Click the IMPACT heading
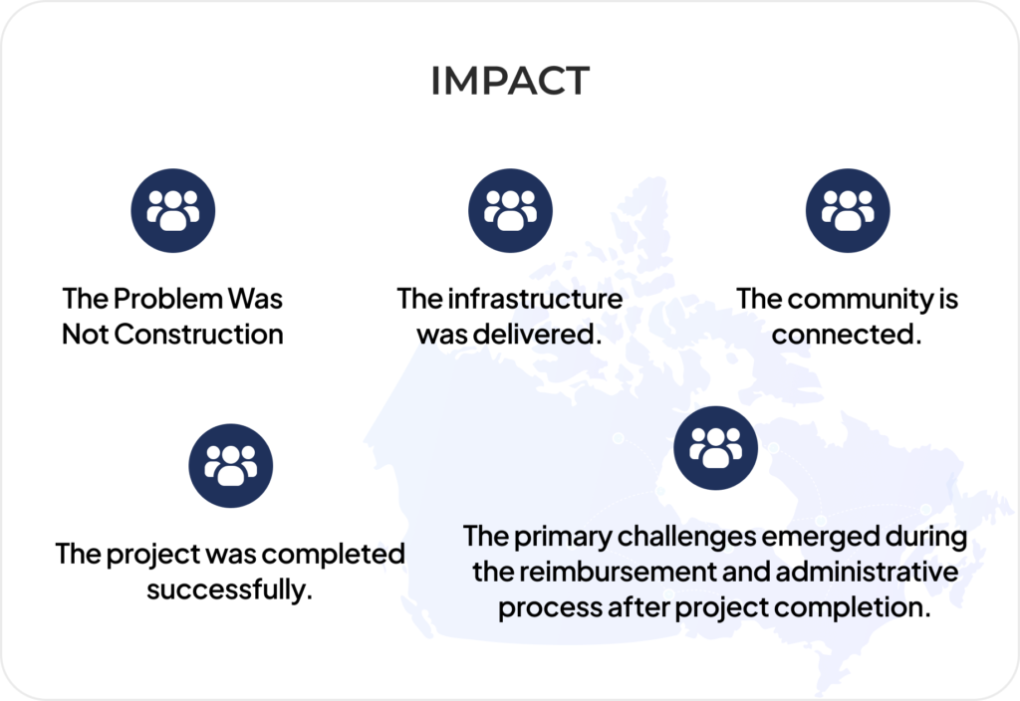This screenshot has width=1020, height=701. coord(510,81)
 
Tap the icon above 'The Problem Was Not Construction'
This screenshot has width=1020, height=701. coord(173,211)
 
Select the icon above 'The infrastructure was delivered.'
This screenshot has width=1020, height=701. coord(511,211)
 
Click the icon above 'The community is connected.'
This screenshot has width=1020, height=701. coord(848,211)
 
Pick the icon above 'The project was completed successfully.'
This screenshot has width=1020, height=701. coord(231,466)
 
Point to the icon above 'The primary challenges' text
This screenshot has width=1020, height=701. coord(715,448)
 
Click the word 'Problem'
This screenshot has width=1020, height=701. coord(168,299)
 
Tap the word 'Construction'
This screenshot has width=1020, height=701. coord(199,335)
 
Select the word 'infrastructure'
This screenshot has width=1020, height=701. coord(535,299)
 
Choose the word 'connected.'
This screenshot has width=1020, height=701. coord(847,335)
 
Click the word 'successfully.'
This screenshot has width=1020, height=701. coord(230,589)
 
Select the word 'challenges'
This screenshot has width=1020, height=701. coord(687,537)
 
